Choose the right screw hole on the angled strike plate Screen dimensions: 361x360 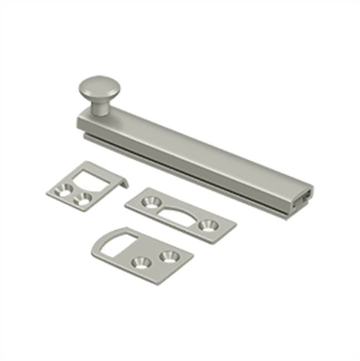(83, 201)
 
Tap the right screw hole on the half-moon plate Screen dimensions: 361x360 (208, 226)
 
